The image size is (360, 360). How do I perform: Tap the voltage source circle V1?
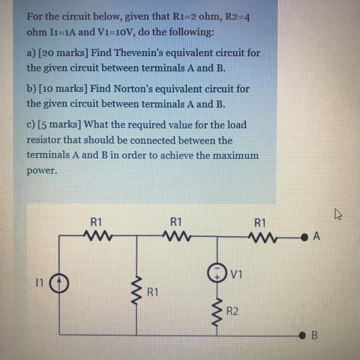[x=217, y=273]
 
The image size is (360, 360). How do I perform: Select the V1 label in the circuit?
[x=236, y=273]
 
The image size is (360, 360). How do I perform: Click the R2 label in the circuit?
[x=232, y=311]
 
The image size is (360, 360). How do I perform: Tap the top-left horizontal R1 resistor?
[x=96, y=237]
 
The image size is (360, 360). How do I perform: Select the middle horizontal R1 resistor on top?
[x=176, y=237]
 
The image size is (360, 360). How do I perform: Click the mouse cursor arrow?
[x=338, y=214]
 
